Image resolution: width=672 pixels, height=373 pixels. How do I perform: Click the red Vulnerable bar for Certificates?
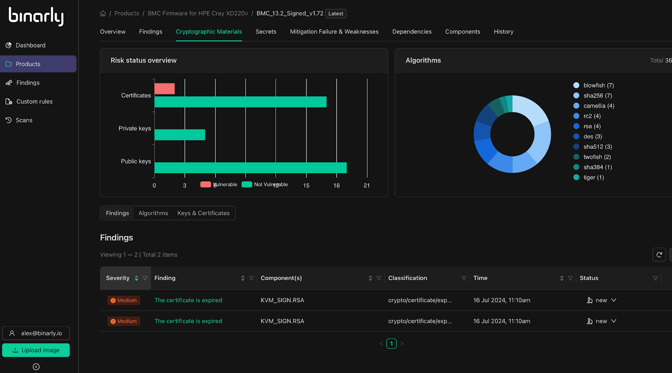point(165,89)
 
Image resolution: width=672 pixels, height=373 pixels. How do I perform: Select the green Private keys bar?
point(180,135)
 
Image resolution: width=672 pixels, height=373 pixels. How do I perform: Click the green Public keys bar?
point(250,168)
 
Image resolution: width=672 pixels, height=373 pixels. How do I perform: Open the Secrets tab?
point(266,32)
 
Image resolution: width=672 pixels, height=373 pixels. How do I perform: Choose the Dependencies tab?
point(412,32)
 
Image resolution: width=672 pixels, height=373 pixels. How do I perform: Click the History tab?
point(503,32)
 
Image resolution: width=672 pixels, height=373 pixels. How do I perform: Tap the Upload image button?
point(36,350)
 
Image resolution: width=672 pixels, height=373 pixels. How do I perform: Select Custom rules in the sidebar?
point(34,101)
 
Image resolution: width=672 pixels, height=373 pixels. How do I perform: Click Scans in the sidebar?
point(24,120)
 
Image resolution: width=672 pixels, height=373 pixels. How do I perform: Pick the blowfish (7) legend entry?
point(598,85)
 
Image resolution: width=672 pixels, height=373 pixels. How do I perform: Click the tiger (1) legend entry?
point(593,177)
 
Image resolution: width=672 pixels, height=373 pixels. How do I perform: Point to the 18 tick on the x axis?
point(336,185)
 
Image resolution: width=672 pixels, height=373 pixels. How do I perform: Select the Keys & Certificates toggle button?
point(203,213)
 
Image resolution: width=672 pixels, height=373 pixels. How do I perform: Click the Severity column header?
point(118,278)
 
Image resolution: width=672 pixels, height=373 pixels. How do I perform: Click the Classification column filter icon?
point(464,278)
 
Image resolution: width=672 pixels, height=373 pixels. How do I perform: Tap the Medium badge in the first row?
point(123,300)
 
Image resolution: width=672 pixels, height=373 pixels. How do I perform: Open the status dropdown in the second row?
point(614,321)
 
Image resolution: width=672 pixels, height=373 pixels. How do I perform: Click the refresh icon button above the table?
point(659,254)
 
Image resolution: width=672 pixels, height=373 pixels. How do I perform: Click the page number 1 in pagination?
point(391,344)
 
